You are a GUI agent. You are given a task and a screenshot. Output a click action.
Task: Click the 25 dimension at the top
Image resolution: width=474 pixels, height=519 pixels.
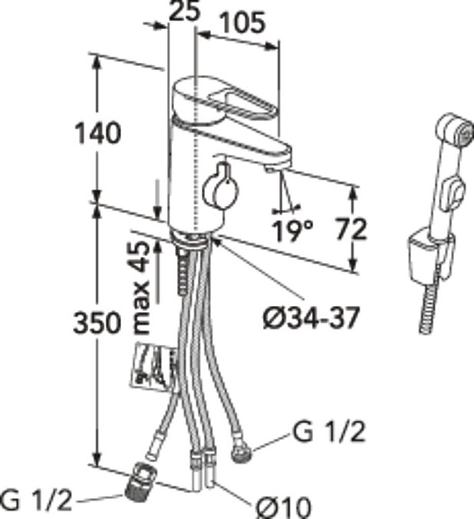(182, 12)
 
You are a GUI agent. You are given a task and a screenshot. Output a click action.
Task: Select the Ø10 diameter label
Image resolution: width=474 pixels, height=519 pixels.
(284, 506)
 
